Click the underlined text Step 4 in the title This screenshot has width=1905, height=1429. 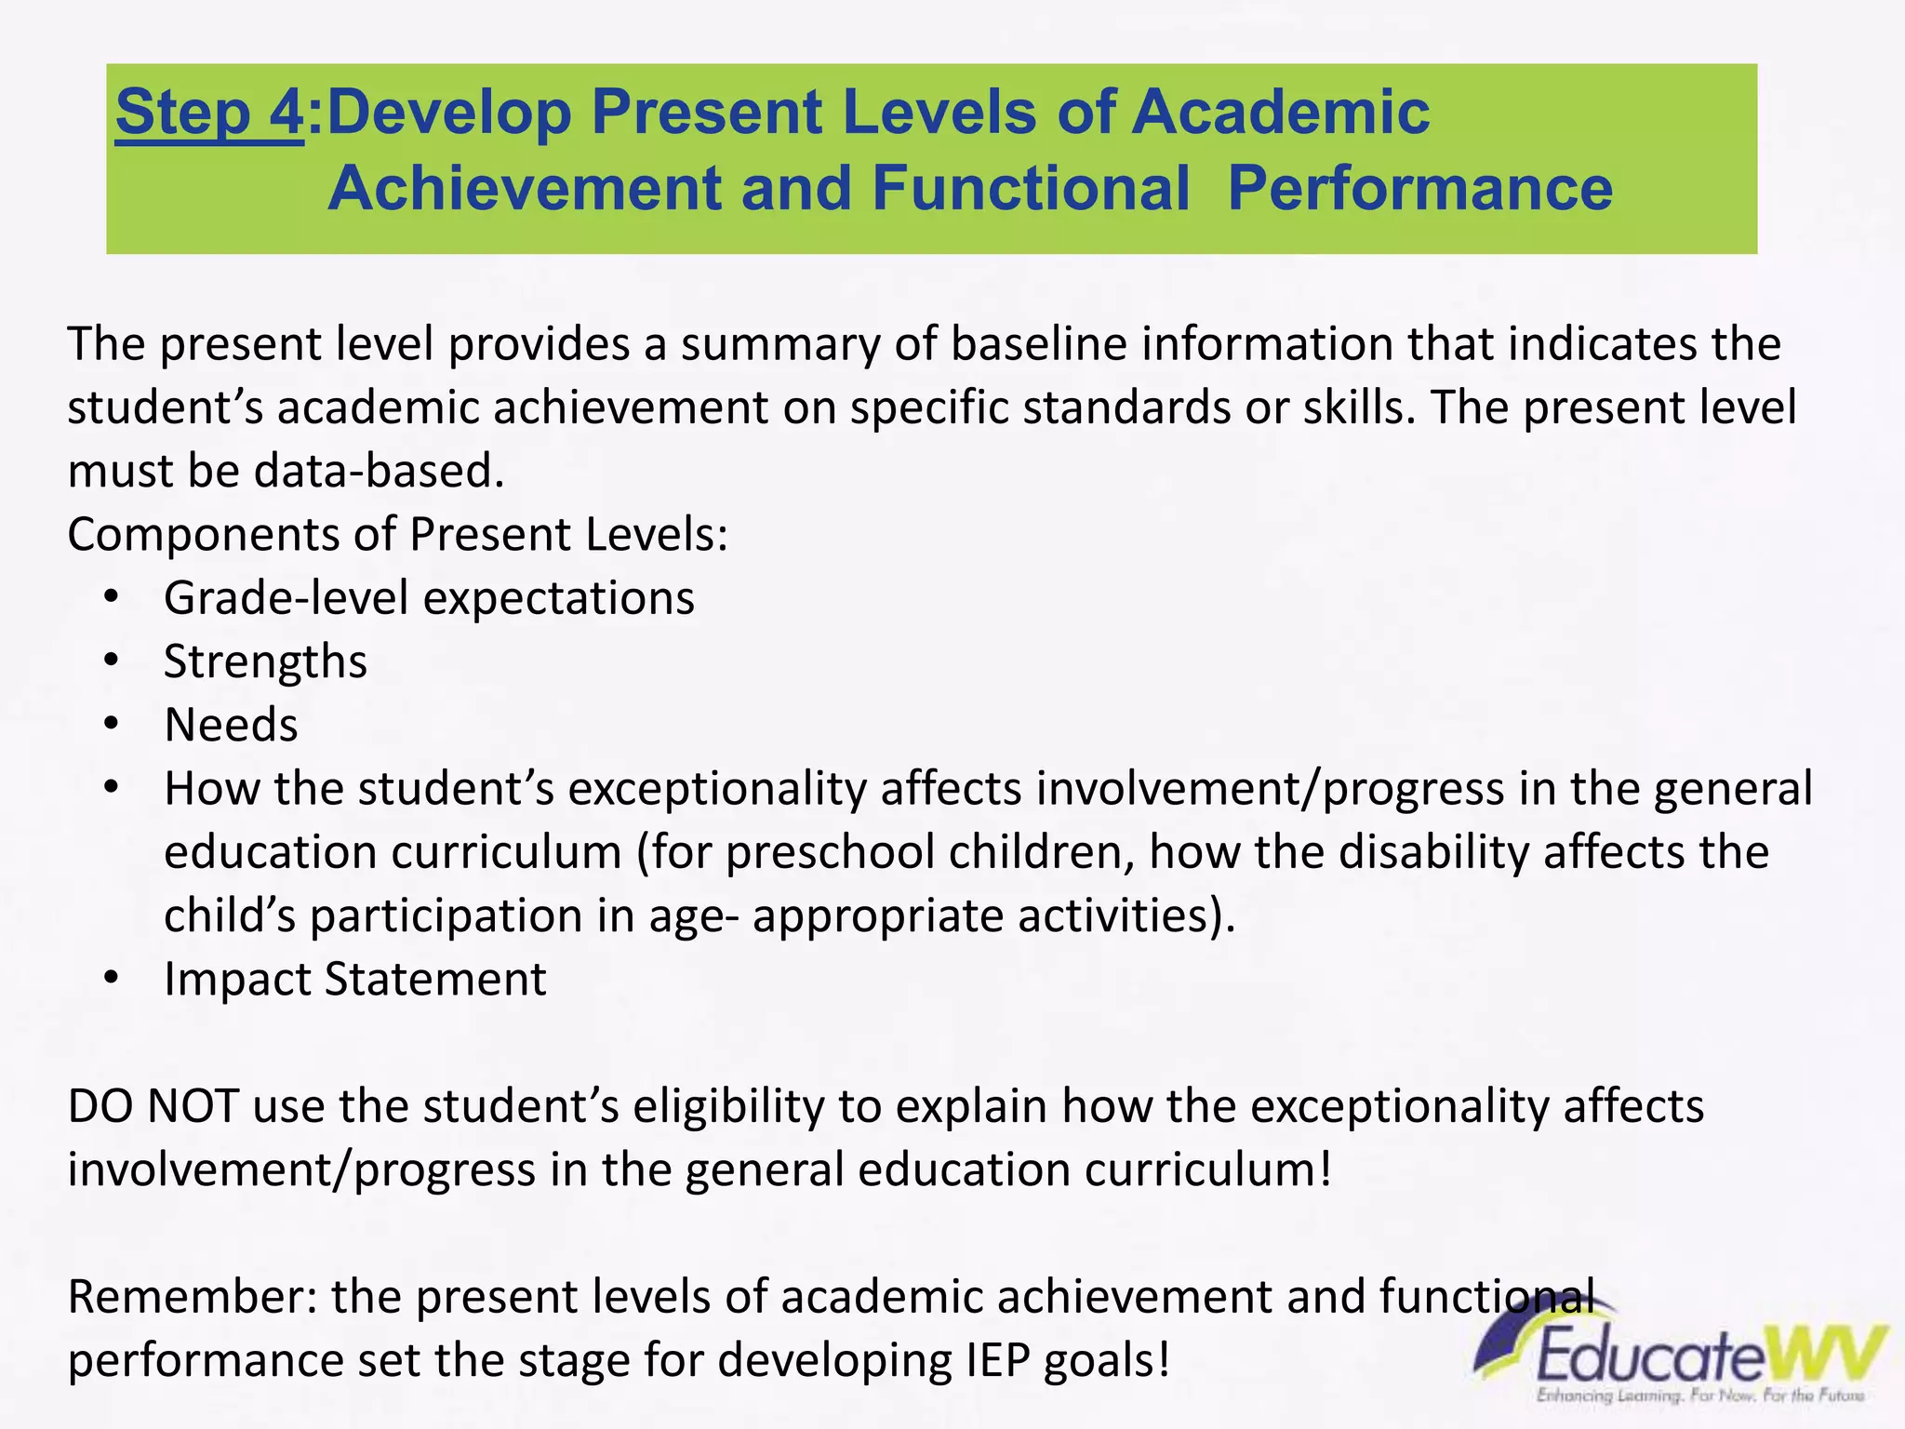pyautogui.click(x=208, y=113)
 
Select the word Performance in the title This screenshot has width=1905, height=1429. pyautogui.click(x=1419, y=188)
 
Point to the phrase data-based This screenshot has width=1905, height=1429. pyautogui.click(x=379, y=471)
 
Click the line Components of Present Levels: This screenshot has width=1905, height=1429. pyautogui.click(x=397, y=535)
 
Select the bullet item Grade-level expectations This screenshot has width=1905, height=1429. pyautogui.click(x=429, y=598)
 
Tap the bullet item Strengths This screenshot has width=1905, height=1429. pyautogui.click(x=265, y=661)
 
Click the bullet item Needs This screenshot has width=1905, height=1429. pyautogui.click(x=231, y=725)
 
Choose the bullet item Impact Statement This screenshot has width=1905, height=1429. pyautogui.click(x=354, y=979)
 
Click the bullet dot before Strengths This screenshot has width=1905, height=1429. pyautogui.click(x=112, y=661)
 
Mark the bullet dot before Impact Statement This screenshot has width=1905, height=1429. pyautogui.click(x=112, y=979)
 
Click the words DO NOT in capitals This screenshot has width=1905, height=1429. pyautogui.click(x=153, y=1106)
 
